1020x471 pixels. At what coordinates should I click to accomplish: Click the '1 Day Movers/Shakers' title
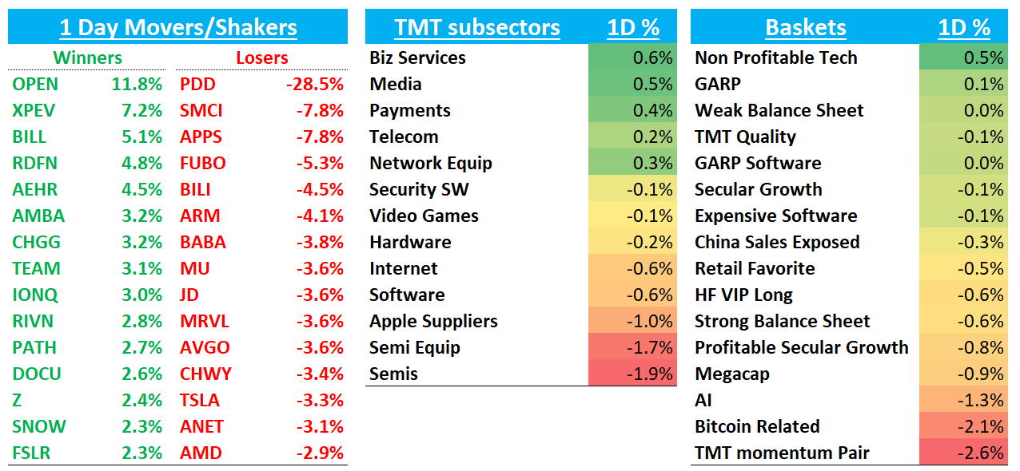(x=178, y=28)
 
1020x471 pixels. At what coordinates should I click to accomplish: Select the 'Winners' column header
(x=87, y=58)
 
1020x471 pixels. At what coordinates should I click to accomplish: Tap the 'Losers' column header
(x=262, y=58)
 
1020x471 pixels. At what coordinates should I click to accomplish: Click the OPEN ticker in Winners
(x=35, y=85)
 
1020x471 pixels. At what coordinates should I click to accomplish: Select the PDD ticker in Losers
(x=197, y=85)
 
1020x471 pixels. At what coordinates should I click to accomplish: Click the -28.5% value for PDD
(x=317, y=85)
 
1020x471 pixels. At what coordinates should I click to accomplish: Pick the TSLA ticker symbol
(x=200, y=401)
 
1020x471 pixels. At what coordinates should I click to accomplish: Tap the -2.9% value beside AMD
(x=320, y=453)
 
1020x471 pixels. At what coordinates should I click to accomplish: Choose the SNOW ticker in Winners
(x=39, y=427)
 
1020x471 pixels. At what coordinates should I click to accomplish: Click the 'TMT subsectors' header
(x=476, y=28)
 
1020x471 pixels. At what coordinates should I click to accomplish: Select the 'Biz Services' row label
(x=417, y=58)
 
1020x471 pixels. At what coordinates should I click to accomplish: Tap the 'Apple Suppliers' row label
(x=433, y=322)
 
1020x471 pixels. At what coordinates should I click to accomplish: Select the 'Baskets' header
(x=805, y=28)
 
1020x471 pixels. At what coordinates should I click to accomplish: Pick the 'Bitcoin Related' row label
(x=757, y=427)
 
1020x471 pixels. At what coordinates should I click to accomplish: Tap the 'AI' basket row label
(x=703, y=401)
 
